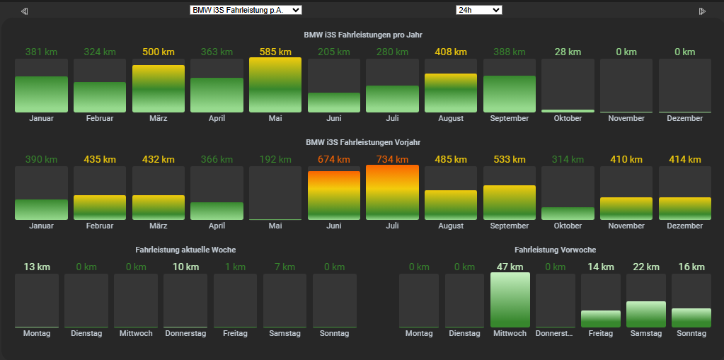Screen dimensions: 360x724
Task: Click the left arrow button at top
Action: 25,11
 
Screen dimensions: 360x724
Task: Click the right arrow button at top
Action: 702,11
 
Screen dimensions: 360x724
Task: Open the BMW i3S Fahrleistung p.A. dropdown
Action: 246,10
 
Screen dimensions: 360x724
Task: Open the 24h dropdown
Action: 478,10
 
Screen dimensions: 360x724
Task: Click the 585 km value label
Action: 275,52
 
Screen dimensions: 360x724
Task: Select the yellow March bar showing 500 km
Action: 159,88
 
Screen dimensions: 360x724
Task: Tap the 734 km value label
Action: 392,159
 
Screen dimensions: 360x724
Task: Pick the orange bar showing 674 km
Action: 334,195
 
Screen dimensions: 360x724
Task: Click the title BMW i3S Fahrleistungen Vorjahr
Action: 362,142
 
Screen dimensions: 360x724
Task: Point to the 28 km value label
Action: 568,52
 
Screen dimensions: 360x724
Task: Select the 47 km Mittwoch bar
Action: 510,300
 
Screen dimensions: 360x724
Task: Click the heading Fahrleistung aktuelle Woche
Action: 185,250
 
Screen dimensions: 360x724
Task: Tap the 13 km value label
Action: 37,267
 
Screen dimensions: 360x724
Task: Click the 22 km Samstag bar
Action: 646,314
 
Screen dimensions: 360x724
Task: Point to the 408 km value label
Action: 451,52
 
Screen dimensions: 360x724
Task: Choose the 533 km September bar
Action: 510,202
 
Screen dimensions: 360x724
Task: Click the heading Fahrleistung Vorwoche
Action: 555,250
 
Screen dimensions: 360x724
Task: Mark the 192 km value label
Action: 275,159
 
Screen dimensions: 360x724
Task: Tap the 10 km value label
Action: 185,267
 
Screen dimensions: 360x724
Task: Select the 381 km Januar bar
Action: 41,94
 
